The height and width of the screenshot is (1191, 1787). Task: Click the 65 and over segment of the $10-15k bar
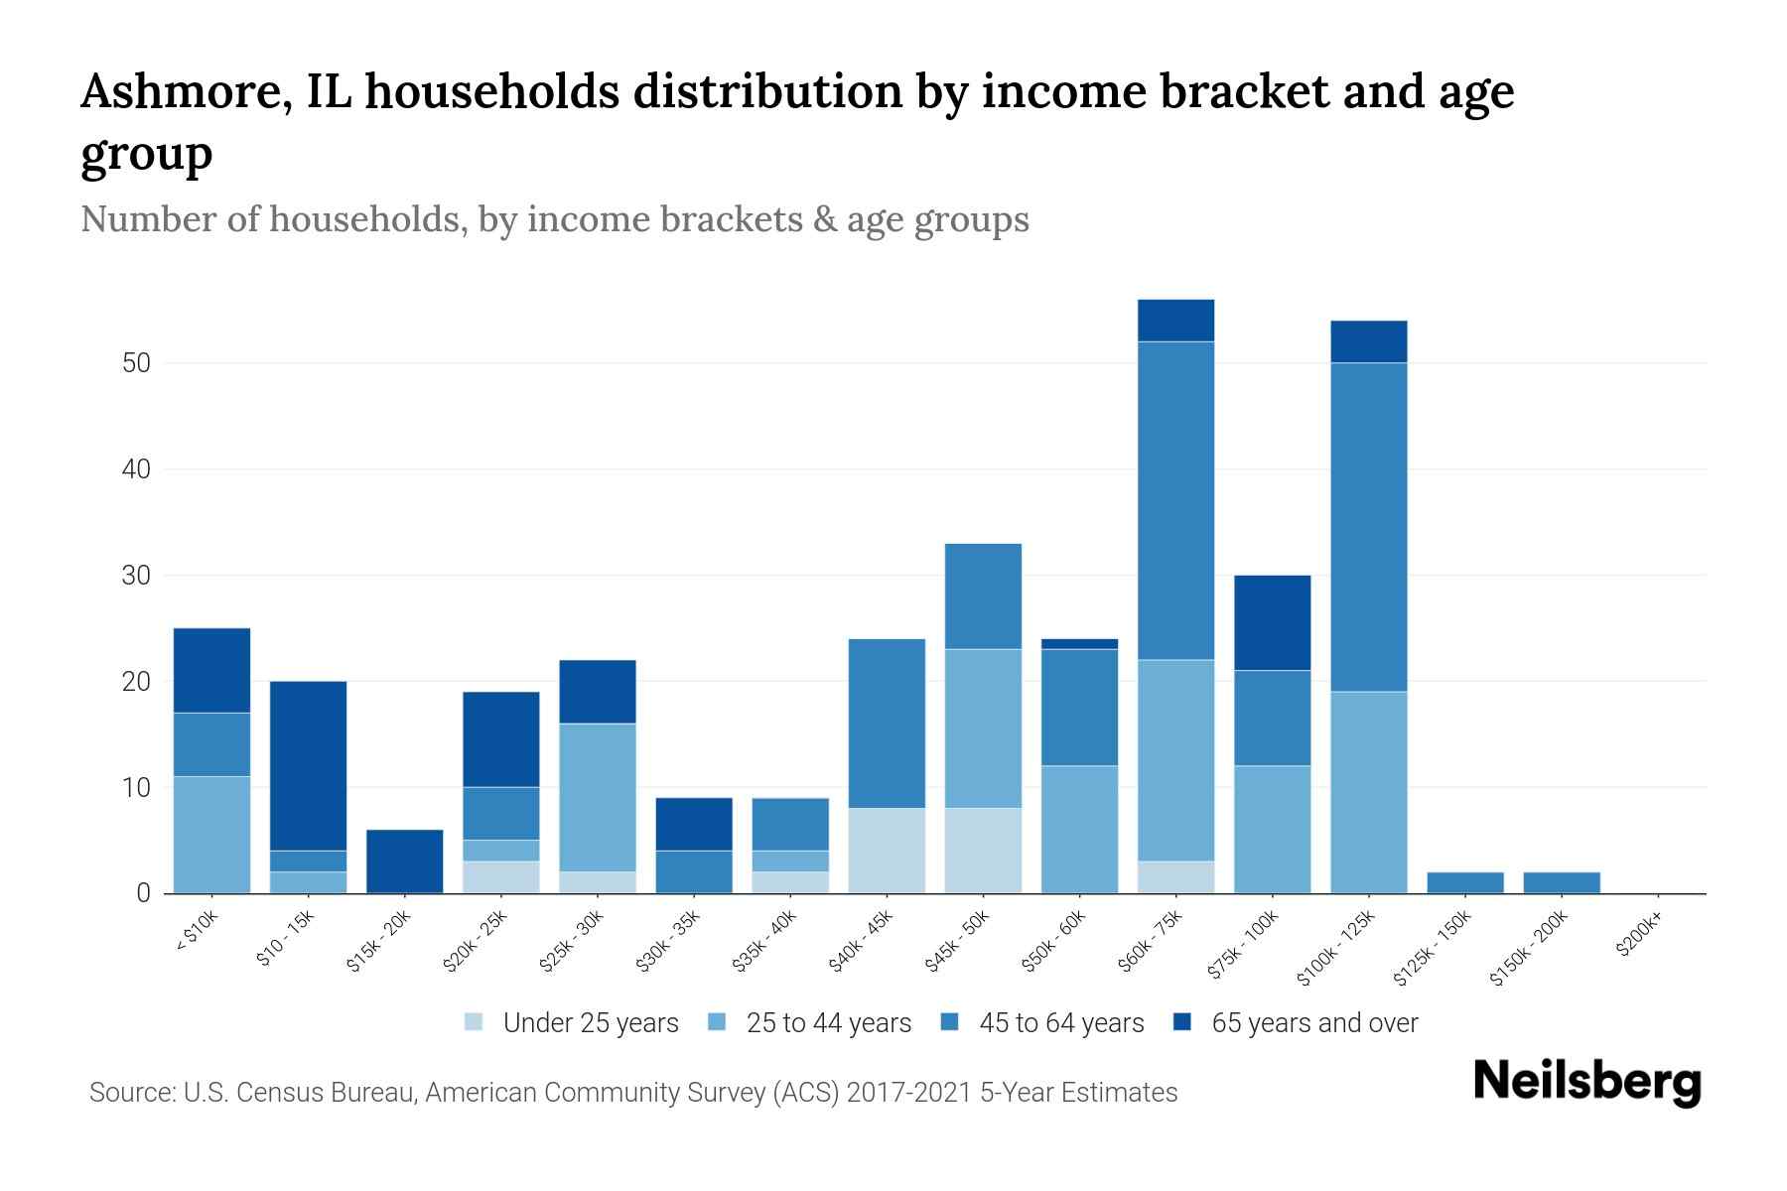(308, 765)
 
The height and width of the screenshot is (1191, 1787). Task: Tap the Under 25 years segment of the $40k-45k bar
(887, 851)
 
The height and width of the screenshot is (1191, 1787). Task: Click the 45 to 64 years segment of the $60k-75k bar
(1175, 500)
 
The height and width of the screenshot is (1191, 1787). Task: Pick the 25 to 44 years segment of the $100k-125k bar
(1368, 792)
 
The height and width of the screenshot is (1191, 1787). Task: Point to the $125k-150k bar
(1464, 882)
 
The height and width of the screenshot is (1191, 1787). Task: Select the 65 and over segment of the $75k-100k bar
(1272, 622)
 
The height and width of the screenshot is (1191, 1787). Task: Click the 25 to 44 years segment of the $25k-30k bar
(598, 797)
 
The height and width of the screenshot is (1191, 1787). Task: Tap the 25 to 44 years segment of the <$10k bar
(211, 835)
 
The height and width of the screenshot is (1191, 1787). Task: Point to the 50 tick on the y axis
(136, 363)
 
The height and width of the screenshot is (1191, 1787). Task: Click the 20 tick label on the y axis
(136, 682)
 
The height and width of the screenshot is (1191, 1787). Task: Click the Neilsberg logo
(1586, 1082)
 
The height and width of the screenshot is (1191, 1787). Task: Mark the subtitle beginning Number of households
(554, 219)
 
